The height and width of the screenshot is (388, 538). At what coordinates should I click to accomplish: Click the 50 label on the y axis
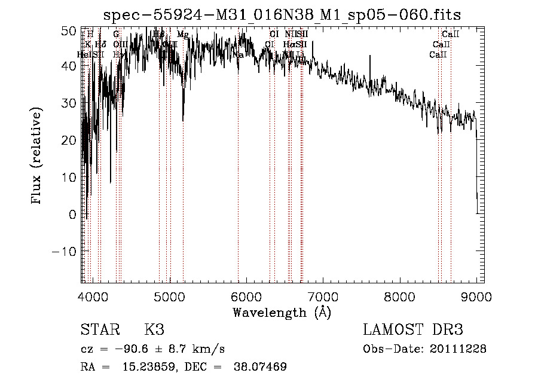[x=69, y=29]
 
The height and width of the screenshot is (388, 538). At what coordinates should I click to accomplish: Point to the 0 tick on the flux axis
[x=73, y=215]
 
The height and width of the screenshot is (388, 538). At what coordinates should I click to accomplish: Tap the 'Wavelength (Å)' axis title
[x=282, y=312]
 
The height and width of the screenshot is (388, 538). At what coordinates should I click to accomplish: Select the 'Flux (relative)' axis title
[x=38, y=156]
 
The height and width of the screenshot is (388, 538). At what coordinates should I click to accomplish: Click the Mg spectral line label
[x=183, y=35]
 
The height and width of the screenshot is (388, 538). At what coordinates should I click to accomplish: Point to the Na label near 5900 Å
[x=238, y=55]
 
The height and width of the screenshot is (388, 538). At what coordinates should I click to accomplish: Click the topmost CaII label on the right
[x=450, y=35]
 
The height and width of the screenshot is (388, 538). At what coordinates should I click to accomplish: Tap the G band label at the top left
[x=116, y=35]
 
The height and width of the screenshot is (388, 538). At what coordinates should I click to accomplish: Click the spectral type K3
[x=154, y=330]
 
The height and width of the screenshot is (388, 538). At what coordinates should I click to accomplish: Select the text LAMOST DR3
[x=413, y=330]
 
